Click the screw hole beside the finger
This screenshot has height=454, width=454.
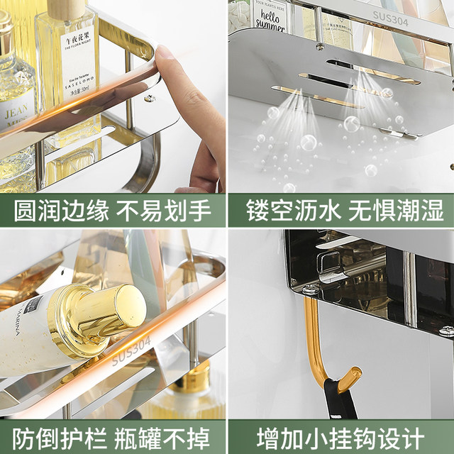pos(150,98)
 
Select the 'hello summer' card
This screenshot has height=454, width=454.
pos(270,16)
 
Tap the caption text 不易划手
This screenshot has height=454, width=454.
pos(163,211)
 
